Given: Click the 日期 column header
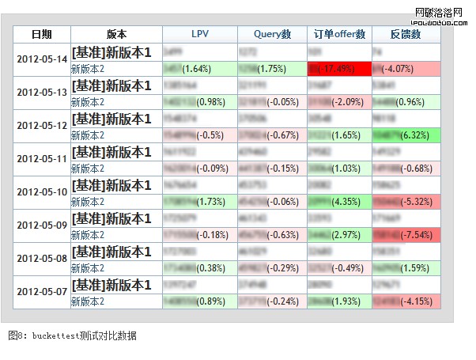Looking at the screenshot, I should (41, 34).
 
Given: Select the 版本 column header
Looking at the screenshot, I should (115, 34).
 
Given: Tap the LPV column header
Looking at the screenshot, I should (199, 34).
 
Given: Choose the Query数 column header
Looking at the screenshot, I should (272, 34).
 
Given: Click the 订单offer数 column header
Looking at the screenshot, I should (339, 34).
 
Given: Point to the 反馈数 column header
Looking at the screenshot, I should (405, 34).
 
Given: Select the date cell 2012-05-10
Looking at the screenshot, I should (42, 192).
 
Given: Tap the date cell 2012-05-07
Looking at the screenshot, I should (42, 292).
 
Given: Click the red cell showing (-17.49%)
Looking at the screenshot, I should (339, 69).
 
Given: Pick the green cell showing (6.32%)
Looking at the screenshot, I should (405, 135).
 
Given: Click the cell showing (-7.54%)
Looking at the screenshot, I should (405, 235).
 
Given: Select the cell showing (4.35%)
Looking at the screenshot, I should (339, 202).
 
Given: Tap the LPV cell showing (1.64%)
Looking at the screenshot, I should (199, 69).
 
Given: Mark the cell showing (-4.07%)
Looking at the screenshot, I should (405, 69).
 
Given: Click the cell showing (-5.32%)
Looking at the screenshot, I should (405, 202).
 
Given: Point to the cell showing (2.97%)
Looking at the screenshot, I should (339, 235).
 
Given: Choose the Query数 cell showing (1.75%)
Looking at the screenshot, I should (272, 69).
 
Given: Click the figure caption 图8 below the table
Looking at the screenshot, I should (72, 336).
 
